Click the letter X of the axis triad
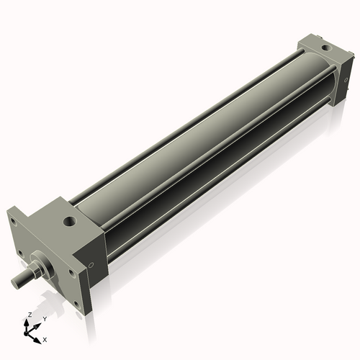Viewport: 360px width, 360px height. pos(45,339)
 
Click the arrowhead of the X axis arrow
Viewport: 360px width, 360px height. pos(39,335)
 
